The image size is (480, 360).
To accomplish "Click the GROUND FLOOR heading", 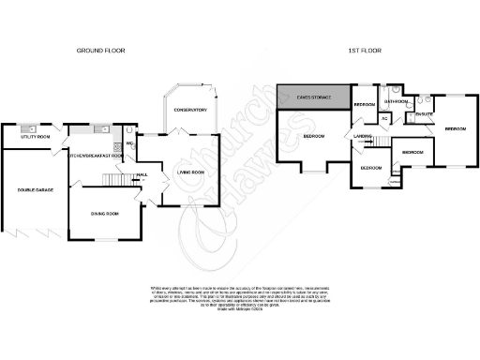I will click(102, 51).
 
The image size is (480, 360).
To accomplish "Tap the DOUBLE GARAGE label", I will click(35, 190).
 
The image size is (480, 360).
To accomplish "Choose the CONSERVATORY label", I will click(189, 110).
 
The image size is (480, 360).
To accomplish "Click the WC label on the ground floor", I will click(129, 143).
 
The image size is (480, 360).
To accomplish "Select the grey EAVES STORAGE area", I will click(314, 95).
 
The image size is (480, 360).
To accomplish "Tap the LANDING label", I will click(364, 137).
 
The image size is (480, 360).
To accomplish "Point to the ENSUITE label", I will click(423, 114).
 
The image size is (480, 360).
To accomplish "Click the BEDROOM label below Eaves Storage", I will click(313, 138).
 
